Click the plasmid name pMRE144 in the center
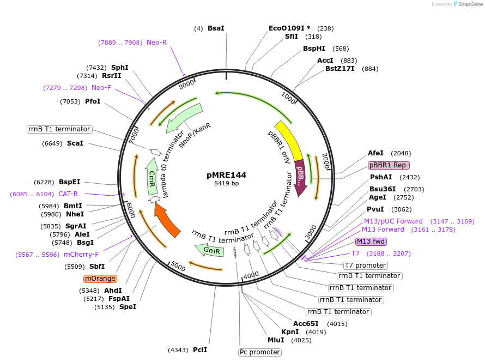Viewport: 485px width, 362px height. pos(226,175)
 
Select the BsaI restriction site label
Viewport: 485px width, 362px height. pos(216,28)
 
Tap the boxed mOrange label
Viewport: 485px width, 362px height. pos(100,279)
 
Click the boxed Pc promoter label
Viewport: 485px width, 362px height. pos(260,352)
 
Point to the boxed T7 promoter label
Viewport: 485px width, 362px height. pos(365,266)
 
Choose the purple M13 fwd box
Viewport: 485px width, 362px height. pos(371,242)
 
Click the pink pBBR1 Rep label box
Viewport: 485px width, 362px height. pos(389,165)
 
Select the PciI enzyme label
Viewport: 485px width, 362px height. pos(200,349)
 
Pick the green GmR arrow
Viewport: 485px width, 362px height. pos(210,250)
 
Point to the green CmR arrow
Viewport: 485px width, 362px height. pos(152,176)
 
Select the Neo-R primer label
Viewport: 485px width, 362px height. pos(156,42)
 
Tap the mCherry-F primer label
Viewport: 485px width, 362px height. pos(81,254)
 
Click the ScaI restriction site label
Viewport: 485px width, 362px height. pos(75,143)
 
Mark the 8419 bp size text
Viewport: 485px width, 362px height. pos(226,184)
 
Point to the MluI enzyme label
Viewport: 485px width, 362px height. pos(275,340)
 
